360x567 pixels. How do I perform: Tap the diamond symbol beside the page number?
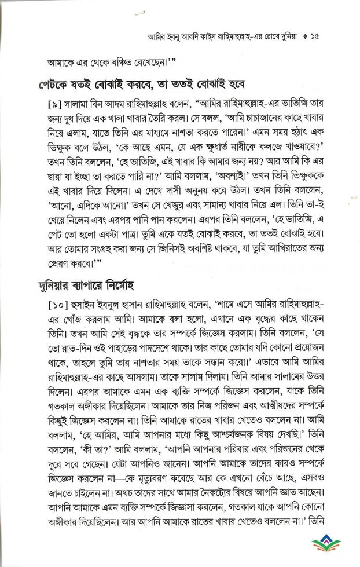[x=304, y=36]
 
